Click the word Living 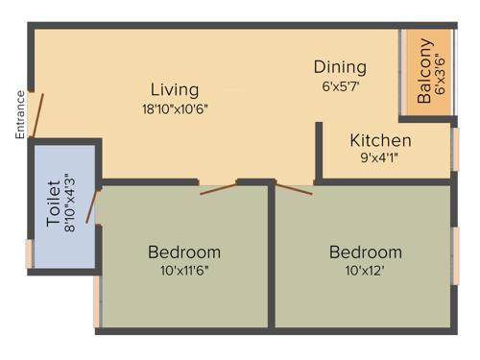pyautogui.click(x=174, y=89)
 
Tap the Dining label pyautogui.click(x=340, y=67)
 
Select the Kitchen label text pyautogui.click(x=380, y=140)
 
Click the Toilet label pyautogui.click(x=54, y=205)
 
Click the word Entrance pyautogui.click(x=19, y=114)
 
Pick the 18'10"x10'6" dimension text pyautogui.click(x=174, y=108)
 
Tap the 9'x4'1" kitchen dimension pyautogui.click(x=380, y=157)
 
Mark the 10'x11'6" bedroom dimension pyautogui.click(x=183, y=271)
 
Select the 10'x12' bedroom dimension pyautogui.click(x=365, y=271)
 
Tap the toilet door pyautogui.click(x=91, y=206)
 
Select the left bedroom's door pyautogui.click(x=219, y=187)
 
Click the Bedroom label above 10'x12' pyautogui.click(x=365, y=252)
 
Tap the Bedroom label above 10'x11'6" pyautogui.click(x=183, y=252)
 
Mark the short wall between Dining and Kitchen pyautogui.click(x=318, y=149)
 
